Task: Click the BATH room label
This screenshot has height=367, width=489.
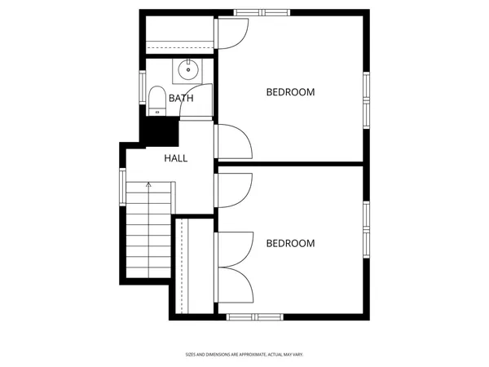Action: (x=181, y=99)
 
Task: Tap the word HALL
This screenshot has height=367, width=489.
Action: (x=176, y=158)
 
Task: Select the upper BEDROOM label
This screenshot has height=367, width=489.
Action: (x=290, y=92)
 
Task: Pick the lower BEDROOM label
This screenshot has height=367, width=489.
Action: (x=290, y=243)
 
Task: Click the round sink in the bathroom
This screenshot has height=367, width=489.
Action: (x=188, y=69)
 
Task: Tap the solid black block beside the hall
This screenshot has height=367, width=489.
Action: (x=160, y=129)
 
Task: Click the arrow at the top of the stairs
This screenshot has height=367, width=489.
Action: (x=148, y=185)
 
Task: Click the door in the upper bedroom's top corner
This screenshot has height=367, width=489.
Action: (x=231, y=30)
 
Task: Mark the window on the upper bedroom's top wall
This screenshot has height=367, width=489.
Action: (x=262, y=13)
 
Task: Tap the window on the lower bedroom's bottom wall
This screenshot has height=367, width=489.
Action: (x=253, y=316)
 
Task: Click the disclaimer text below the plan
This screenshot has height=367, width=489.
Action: (x=244, y=355)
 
